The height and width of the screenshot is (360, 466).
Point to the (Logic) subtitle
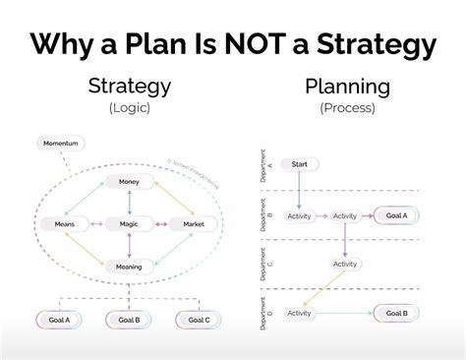(x=130, y=107)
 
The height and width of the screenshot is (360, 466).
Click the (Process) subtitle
(x=346, y=107)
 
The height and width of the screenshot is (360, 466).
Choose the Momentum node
(x=61, y=144)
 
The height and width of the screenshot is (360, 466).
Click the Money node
(x=130, y=182)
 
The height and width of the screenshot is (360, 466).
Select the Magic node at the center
(x=130, y=224)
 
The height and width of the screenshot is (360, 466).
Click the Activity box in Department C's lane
(x=345, y=264)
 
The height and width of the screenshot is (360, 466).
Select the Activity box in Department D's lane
(x=298, y=313)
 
